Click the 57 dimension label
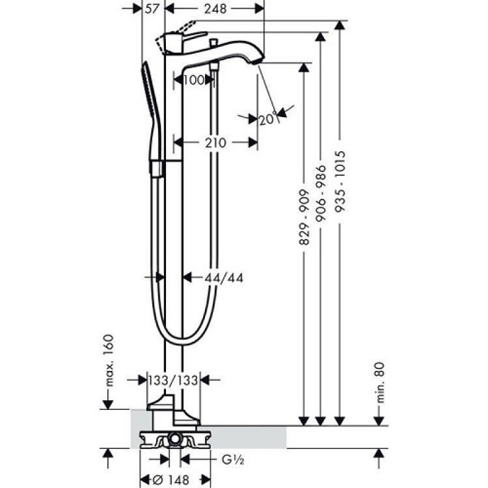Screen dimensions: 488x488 [x=152, y=9]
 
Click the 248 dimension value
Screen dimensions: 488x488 [x=215, y=9]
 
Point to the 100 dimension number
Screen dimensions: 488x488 [x=193, y=80]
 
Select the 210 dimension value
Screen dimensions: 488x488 [x=216, y=143]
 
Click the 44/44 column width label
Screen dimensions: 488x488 [x=223, y=278]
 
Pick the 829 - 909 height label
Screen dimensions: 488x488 [x=304, y=217]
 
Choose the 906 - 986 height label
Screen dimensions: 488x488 [x=321, y=193]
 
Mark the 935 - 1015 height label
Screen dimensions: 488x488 [x=340, y=181]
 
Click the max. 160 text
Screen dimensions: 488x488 [x=109, y=361]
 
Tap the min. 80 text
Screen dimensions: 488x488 [x=380, y=382]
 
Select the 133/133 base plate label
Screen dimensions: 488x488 [x=173, y=380]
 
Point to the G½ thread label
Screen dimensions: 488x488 [x=233, y=459]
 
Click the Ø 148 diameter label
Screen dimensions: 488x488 [x=171, y=479]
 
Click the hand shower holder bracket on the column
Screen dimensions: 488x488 [x=157, y=169]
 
